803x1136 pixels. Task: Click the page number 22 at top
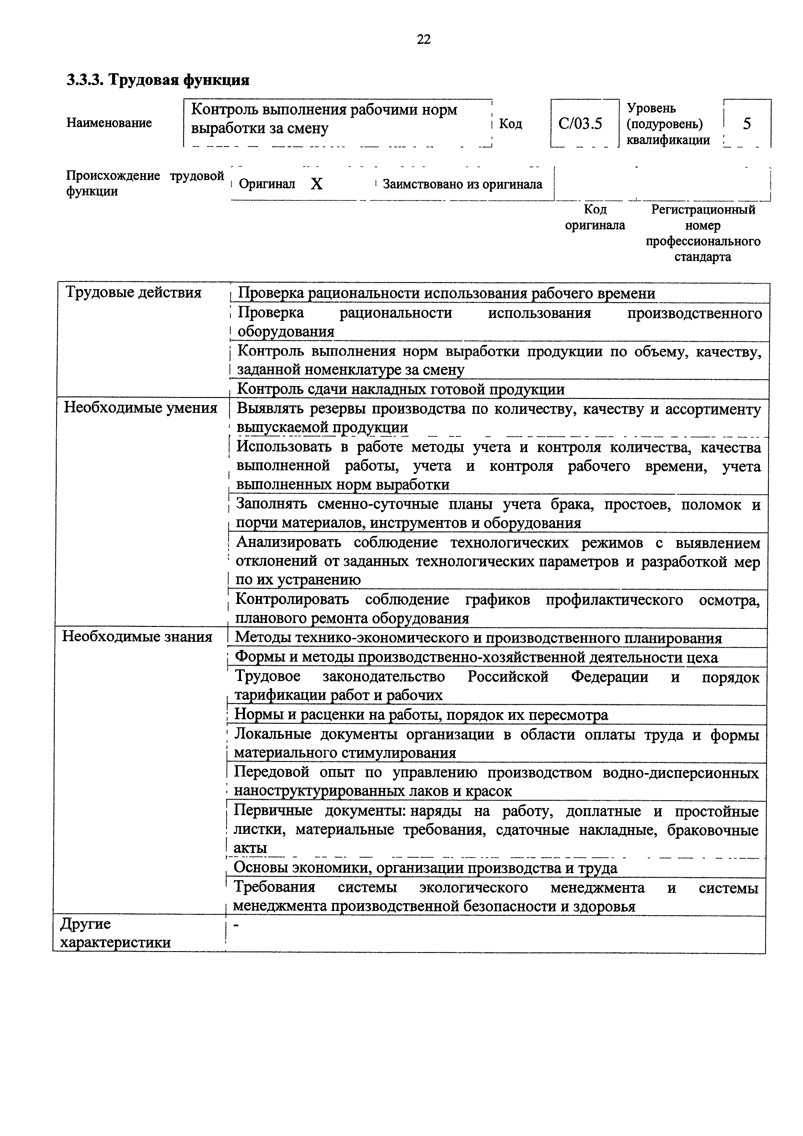point(423,40)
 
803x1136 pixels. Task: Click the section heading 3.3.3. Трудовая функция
point(158,80)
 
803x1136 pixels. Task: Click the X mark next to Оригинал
point(317,184)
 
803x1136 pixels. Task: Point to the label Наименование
point(109,123)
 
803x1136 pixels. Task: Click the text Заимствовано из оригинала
point(462,185)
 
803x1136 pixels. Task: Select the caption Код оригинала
point(595,217)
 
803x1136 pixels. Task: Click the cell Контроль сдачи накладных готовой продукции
point(401,389)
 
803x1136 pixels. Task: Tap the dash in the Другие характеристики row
point(236,925)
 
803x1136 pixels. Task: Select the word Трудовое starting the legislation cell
point(267,676)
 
